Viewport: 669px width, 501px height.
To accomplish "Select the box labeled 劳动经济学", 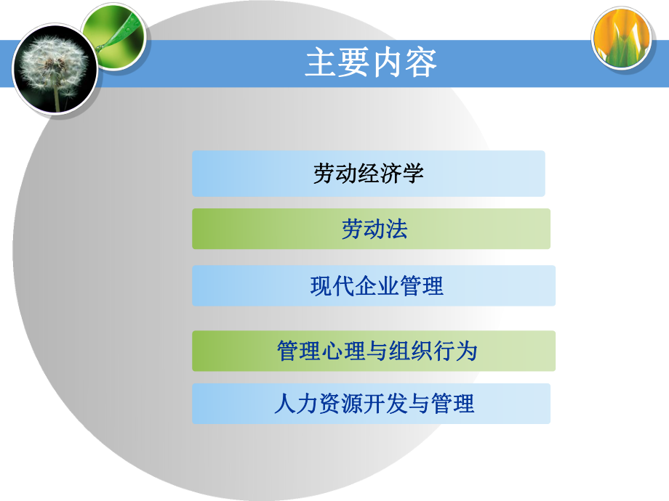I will coord(368,174).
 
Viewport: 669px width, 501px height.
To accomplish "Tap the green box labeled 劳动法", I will coord(371,229).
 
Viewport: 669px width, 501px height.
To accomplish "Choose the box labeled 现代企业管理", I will coord(374,285).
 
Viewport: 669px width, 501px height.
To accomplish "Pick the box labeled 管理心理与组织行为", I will coord(374,351).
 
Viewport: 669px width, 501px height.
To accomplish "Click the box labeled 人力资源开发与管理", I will coord(371,404).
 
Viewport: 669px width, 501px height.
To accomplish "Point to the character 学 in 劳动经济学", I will coord(413,174).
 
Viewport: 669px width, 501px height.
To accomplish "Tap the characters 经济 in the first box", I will coord(369,174).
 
